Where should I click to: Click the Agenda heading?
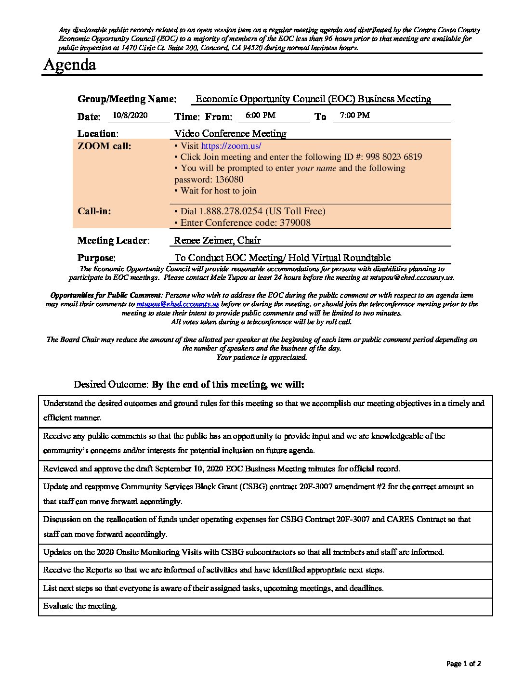tap(70, 65)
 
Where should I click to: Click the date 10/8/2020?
tap(130, 116)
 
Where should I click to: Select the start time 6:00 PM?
tap(260, 116)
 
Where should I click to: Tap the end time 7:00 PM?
tap(354, 116)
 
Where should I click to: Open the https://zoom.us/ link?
tap(231, 146)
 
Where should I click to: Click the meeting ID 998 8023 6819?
tap(393, 157)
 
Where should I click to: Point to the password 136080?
tap(229, 180)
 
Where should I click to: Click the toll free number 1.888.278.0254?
tap(231, 211)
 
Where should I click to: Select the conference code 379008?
tap(293, 223)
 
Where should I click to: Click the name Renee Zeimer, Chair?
tap(217, 240)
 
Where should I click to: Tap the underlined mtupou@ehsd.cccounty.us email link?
tap(178, 304)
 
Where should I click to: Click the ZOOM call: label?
tap(104, 146)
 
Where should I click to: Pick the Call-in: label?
tap(94, 211)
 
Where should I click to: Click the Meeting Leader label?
tap(113, 241)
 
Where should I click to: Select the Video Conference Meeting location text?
tap(230, 133)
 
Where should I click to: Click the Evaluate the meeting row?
tap(80, 606)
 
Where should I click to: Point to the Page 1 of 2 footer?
tap(463, 664)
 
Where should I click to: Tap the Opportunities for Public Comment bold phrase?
tap(106, 296)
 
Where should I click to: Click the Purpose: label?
tap(96, 258)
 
